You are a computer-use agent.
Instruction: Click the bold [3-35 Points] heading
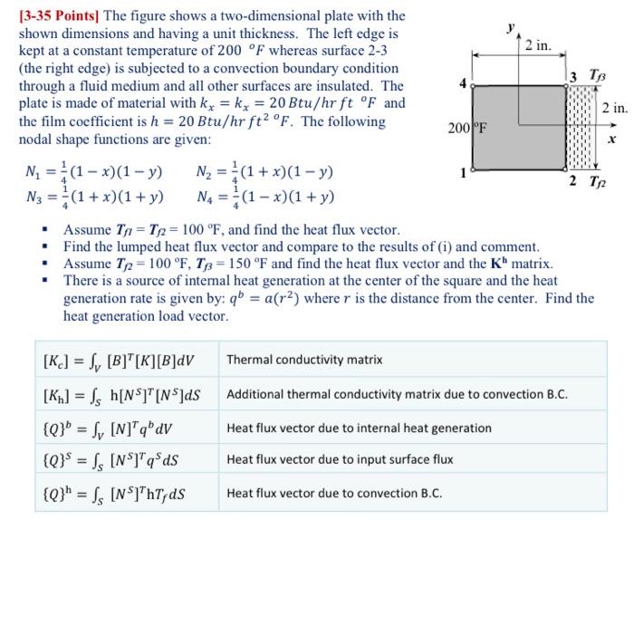61,16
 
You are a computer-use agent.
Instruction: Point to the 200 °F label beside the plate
467,128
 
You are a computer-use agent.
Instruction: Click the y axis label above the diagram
510,28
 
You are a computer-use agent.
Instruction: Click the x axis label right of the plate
612,140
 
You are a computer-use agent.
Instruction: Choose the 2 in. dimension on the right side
614,109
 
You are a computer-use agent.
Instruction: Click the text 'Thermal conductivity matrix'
304,361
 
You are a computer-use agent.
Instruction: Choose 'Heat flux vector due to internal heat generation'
359,428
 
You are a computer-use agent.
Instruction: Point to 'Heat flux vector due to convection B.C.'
334,494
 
